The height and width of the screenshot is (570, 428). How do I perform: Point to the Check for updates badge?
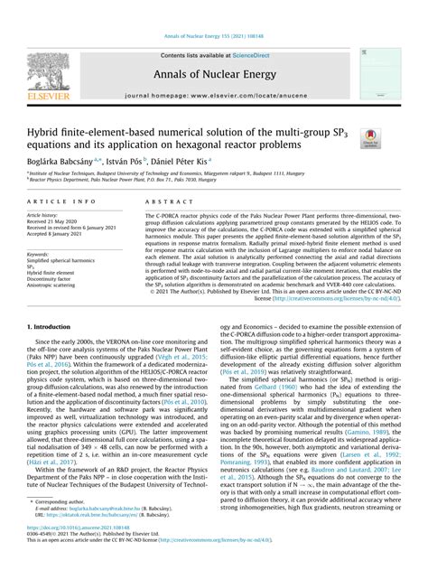click(x=370, y=137)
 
